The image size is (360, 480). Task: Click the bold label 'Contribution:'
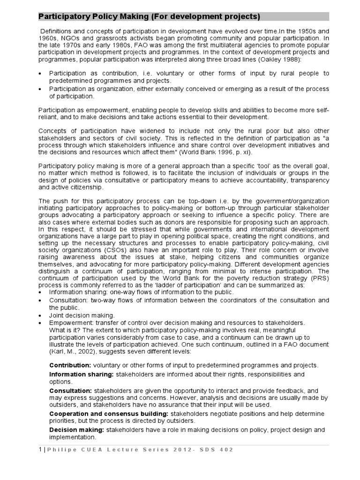[x=70, y=365]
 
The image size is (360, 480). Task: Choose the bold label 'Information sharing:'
[x=82, y=374]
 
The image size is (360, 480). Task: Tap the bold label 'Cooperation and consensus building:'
[x=109, y=413]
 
